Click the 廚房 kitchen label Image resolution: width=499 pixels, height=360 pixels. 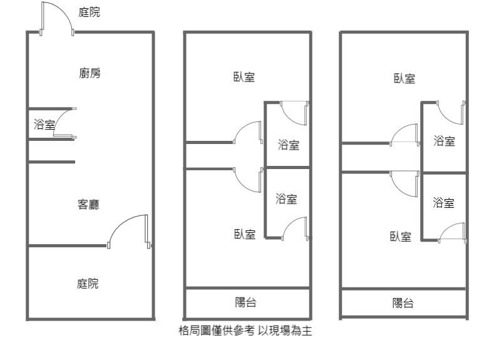(x=90, y=73)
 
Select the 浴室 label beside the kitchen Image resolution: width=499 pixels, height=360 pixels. (x=44, y=125)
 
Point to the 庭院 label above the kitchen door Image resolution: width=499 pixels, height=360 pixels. (x=90, y=12)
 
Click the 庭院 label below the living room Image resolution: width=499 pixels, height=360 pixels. (x=88, y=284)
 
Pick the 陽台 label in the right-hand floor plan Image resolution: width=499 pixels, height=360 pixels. (x=403, y=304)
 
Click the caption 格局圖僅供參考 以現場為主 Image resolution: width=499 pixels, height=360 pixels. (x=245, y=332)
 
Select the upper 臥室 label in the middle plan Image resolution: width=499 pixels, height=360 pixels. (x=244, y=77)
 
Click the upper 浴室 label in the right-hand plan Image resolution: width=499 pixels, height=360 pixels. (x=444, y=141)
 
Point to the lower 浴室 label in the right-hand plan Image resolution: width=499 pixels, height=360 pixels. (x=443, y=202)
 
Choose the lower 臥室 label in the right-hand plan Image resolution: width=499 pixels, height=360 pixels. (x=401, y=236)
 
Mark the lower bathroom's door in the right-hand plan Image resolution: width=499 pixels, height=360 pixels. (x=452, y=232)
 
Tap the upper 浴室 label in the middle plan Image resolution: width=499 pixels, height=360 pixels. (x=289, y=145)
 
